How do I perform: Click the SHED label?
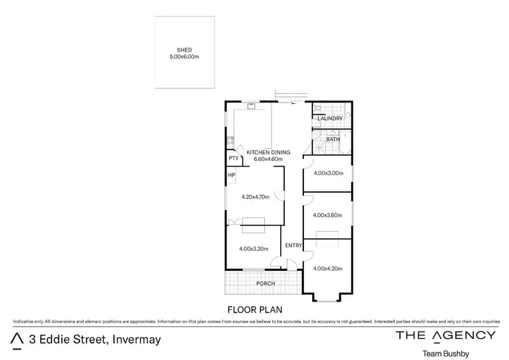(184, 50)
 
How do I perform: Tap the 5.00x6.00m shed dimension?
(184, 56)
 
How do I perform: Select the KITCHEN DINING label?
(268, 152)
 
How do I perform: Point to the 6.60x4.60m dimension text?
(268, 159)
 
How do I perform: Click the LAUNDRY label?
(330, 118)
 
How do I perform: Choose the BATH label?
(333, 139)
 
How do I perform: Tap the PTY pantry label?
(233, 159)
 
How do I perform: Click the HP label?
(231, 175)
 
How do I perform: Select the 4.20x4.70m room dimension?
(256, 197)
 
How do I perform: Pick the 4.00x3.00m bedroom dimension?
(328, 173)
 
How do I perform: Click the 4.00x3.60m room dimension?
(328, 215)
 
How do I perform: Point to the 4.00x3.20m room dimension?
(254, 249)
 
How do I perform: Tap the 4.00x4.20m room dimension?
(328, 268)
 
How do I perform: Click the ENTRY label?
(293, 245)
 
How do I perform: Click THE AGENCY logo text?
(445, 335)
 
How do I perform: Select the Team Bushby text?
(445, 353)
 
